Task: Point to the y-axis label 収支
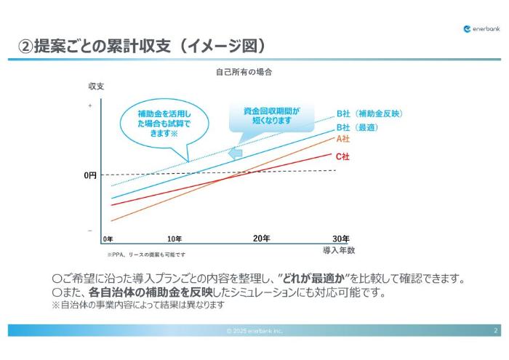coord(97,86)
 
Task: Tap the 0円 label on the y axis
coord(89,175)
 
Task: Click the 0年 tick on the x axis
coord(108,239)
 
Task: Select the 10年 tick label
coord(175,239)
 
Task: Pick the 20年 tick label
coord(261,239)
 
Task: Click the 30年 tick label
coord(340,239)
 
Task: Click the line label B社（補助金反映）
coord(369,113)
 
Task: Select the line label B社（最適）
coord(358,127)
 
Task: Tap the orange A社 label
coord(342,139)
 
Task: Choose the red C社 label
coord(342,156)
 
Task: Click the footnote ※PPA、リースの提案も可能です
coord(146,255)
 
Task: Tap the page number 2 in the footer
coord(495,331)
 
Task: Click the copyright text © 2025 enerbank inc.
coord(254,331)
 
